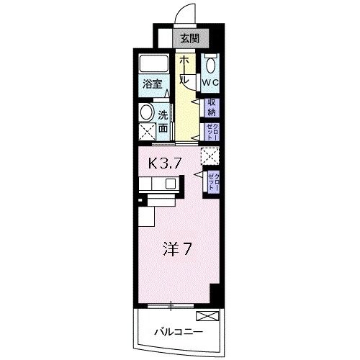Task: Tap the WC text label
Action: [210, 82]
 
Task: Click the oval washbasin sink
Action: [146, 112]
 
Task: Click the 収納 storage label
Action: [212, 107]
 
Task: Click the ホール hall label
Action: [185, 71]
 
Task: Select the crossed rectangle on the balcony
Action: [205, 315]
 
